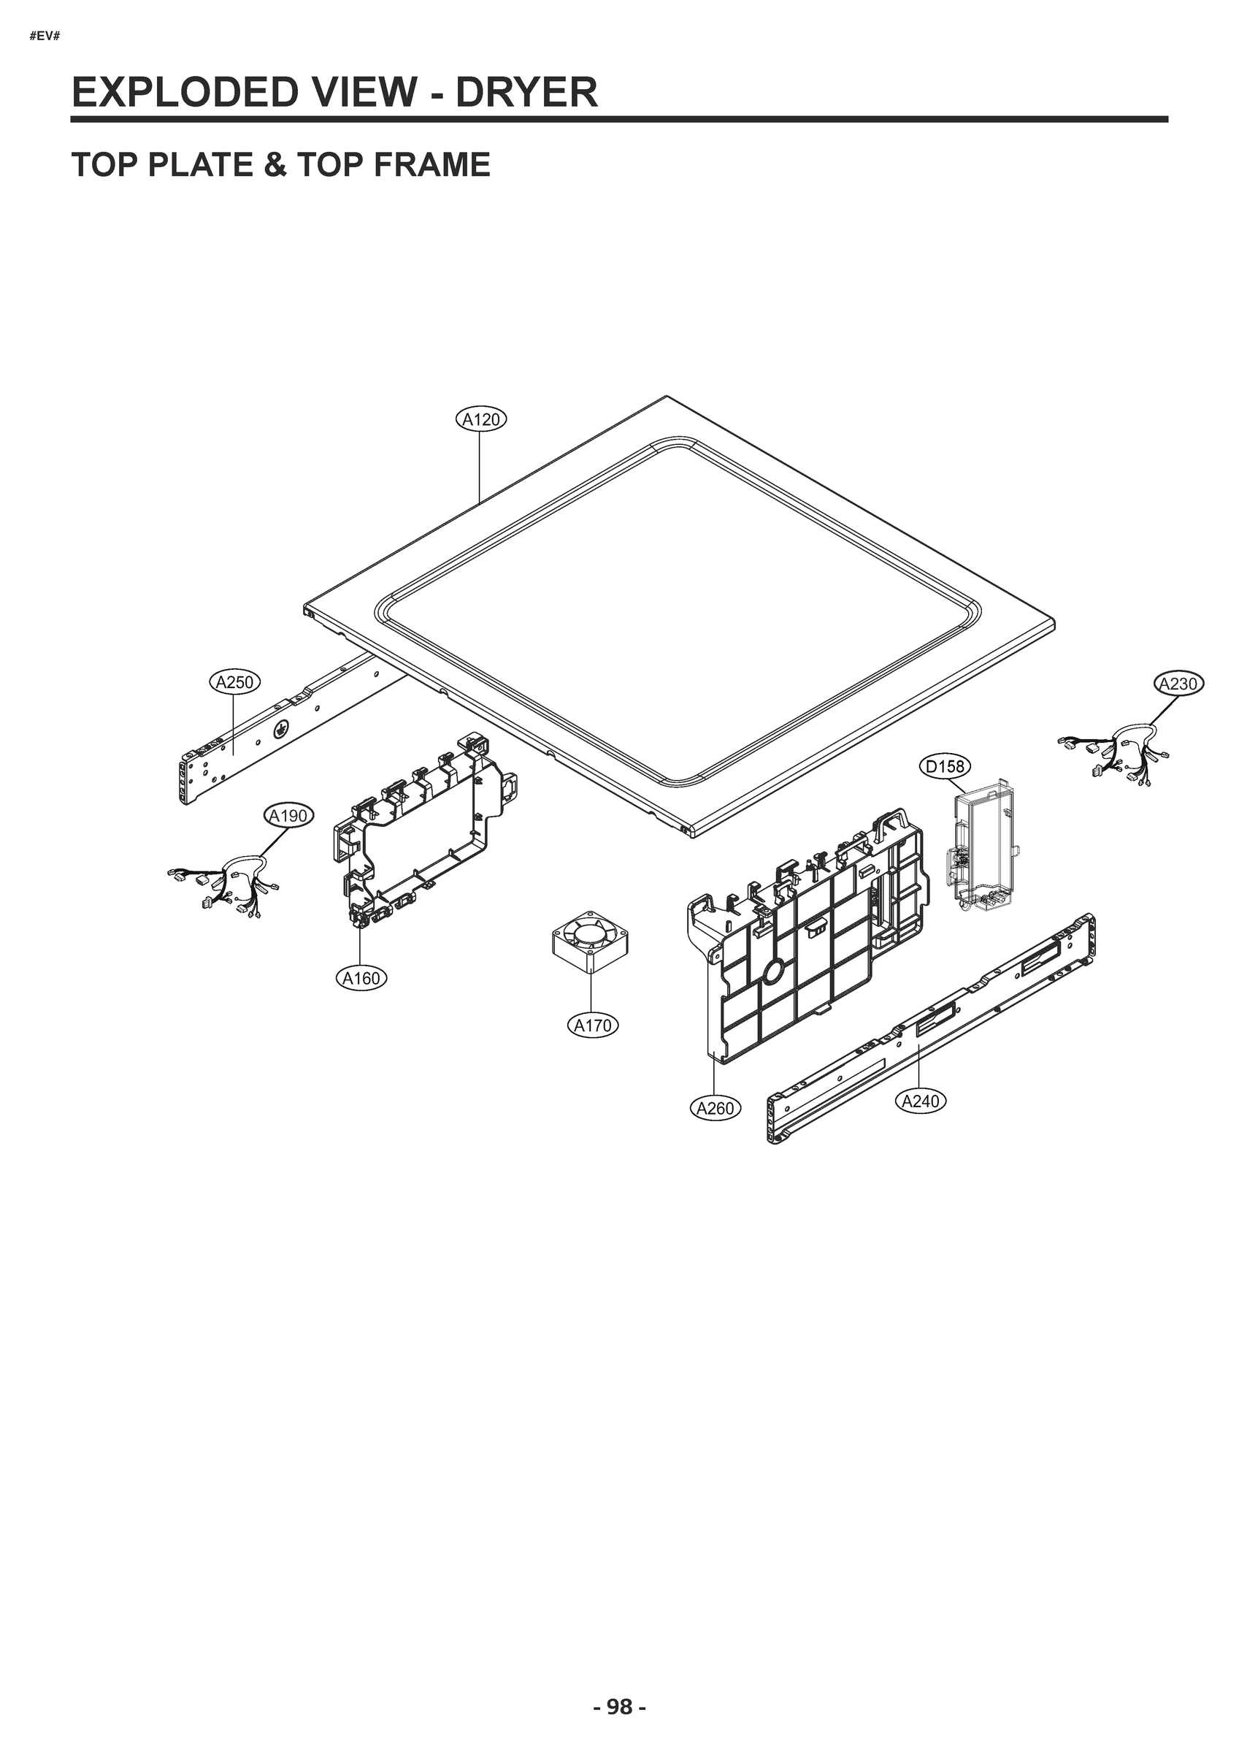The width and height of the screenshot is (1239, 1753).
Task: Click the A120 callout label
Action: coord(482,419)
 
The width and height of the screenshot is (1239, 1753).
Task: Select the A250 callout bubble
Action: coord(234,681)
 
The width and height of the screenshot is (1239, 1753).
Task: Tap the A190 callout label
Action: coord(288,816)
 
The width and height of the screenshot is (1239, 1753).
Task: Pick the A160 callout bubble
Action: coord(361,978)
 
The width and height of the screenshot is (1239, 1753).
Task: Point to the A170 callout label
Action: coord(592,1026)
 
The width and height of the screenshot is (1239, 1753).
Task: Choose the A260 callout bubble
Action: coord(716,1108)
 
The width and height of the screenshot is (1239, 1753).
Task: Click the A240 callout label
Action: coord(920,1101)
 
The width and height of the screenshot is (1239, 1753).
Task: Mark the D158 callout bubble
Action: coord(945,765)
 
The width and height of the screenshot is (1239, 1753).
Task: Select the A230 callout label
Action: coord(1178,684)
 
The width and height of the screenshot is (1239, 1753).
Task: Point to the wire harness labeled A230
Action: coord(1115,752)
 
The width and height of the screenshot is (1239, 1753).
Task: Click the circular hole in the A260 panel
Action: coord(772,971)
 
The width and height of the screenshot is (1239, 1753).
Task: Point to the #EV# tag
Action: coord(45,37)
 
